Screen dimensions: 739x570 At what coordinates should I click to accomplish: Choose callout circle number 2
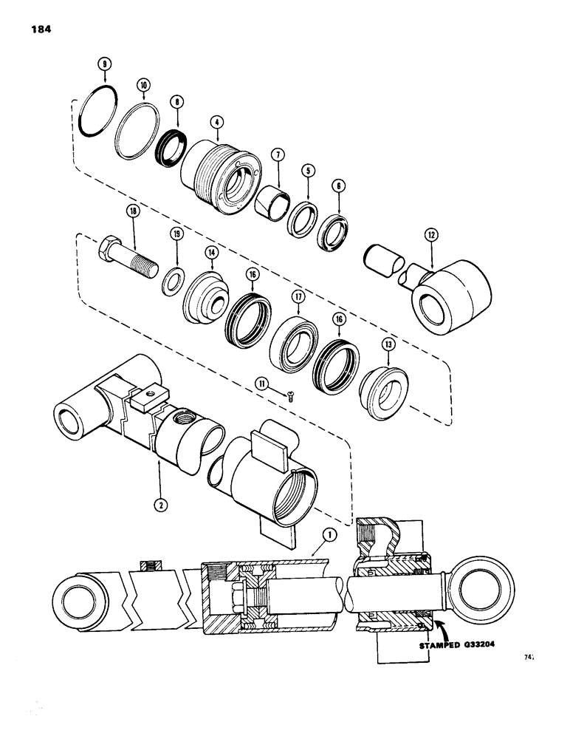[159, 507]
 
